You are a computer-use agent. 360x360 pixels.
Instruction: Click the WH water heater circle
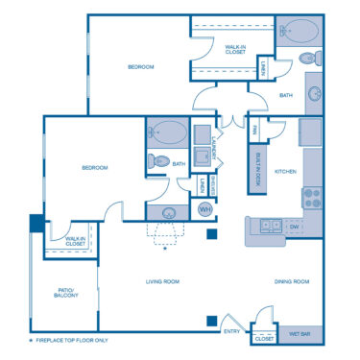coord(205,209)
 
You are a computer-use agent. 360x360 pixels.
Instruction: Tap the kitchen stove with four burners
coord(312,198)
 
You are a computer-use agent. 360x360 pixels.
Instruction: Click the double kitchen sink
coord(267,227)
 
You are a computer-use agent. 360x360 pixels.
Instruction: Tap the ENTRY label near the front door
coord(232,332)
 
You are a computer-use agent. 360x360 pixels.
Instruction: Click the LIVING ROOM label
coord(163,281)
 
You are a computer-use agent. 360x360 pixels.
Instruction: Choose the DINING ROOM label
coord(292,281)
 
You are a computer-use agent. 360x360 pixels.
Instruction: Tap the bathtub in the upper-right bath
coord(299,32)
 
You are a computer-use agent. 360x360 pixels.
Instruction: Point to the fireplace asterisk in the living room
coord(164,249)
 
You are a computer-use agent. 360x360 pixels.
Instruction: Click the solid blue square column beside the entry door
coord(211,322)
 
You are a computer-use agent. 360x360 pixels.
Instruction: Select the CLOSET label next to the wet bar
coord(263,339)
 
